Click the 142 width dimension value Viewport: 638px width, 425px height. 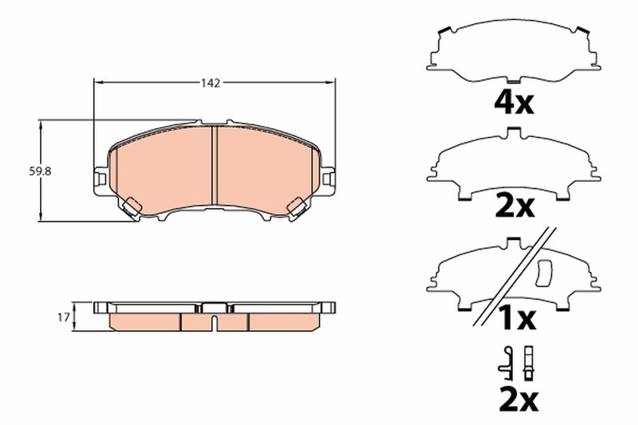click(211, 82)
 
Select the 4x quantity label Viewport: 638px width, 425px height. click(514, 102)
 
